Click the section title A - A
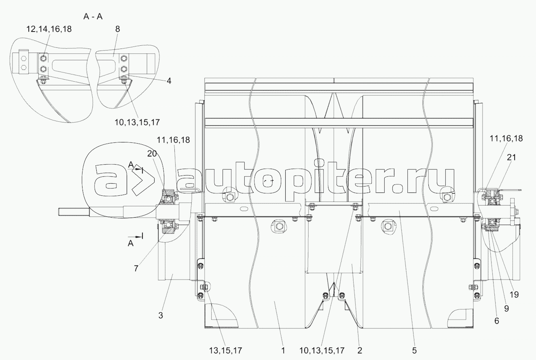[93, 17]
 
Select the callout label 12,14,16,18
[49, 29]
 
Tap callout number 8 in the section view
[117, 29]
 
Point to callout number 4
[169, 81]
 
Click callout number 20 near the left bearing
[152, 154]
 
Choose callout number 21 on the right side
[511, 157]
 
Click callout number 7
[136, 269]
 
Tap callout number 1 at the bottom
[283, 351]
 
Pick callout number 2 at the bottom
[360, 351]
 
